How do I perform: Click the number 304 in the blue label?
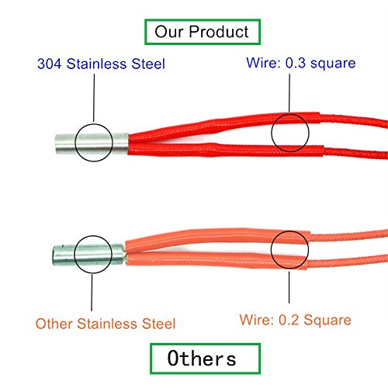tap(50, 64)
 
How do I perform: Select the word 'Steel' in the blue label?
tap(148, 64)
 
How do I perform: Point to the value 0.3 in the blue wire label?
tap(296, 63)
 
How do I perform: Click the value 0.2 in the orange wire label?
tap(289, 320)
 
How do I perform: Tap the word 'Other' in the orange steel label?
tap(54, 324)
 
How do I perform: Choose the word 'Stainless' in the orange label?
tap(108, 324)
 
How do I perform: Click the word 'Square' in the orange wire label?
tap(327, 320)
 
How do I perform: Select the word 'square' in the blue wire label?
tap(333, 64)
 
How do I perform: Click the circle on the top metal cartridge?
tap(75, 143)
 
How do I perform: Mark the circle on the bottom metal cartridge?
tap(74, 255)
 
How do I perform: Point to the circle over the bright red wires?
tap(272, 133)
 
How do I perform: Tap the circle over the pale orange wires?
tap(271, 250)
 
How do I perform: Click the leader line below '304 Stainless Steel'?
tap(94, 98)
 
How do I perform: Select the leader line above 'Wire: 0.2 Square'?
tap(289, 287)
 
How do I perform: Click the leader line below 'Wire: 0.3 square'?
tap(289, 93)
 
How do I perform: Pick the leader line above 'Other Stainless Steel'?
tap(92, 293)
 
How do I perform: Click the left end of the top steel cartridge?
tap(55, 144)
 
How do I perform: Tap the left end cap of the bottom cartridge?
tap(54, 255)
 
